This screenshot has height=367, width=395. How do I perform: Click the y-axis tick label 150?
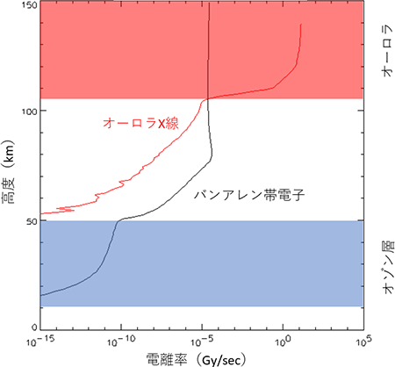[30, 5]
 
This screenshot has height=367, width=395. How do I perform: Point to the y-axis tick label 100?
[30, 112]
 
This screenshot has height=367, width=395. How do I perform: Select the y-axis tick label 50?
[32, 221]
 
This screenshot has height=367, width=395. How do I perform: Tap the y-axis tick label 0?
[34, 327]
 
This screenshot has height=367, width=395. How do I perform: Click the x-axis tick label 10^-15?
[39, 342]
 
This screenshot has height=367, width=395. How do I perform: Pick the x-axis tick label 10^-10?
[120, 342]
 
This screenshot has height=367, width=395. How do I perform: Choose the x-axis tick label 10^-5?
[203, 342]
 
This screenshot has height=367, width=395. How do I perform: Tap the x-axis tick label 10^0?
[283, 342]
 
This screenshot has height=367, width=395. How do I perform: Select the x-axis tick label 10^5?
[363, 342]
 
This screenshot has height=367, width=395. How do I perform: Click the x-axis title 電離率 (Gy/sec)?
[197, 359]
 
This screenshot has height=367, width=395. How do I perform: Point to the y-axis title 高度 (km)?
[8, 172]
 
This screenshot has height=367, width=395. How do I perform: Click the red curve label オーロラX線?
[140, 123]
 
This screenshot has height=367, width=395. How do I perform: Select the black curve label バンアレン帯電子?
[249, 195]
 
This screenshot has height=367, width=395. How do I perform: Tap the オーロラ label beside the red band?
[386, 51]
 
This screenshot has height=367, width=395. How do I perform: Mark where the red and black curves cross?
[207, 99]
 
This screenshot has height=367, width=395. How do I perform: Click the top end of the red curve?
[301, 25]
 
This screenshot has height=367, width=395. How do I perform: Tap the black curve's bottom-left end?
[41, 296]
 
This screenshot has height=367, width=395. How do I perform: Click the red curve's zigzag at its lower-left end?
[65, 210]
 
